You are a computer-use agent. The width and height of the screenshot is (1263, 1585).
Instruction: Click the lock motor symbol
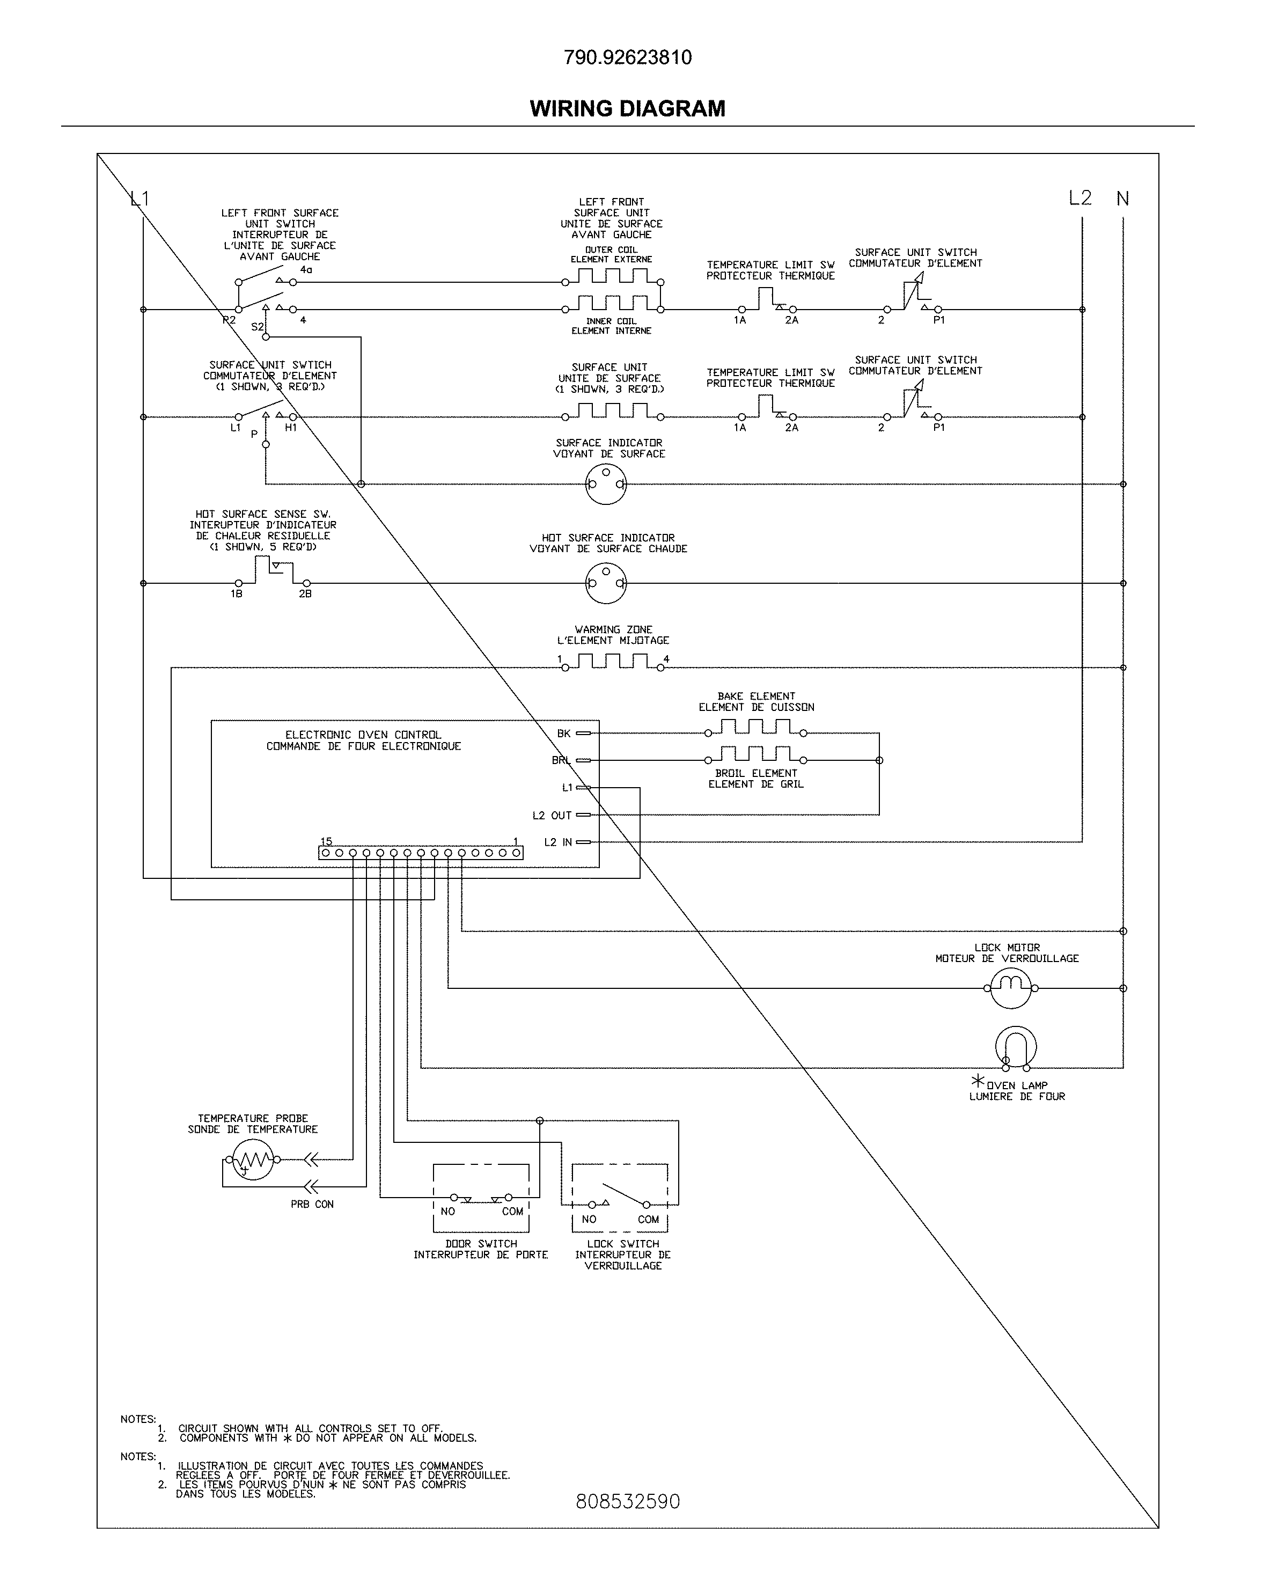1011,987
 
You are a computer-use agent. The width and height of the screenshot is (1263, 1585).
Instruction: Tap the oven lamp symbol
1016,1047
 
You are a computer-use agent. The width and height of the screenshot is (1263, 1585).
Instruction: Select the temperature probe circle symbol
252,1160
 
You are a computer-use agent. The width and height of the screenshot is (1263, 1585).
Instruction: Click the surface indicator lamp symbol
606,484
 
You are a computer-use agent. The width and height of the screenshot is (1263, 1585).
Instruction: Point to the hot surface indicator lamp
606,583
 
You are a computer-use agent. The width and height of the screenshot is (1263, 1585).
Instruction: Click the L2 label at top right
1080,198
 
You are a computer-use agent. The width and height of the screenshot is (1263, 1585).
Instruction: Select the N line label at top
1122,199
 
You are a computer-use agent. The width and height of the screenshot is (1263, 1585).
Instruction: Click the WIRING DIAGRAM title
627,109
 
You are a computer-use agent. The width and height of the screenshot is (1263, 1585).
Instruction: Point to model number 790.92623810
627,57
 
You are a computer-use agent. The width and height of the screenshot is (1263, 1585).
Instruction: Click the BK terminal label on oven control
564,733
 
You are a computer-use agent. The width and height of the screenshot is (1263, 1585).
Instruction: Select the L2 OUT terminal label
552,815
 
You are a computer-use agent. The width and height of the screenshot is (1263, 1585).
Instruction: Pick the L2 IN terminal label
557,842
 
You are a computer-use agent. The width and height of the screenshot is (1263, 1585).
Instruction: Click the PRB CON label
312,1204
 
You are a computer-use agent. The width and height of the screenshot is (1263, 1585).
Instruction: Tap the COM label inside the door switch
512,1212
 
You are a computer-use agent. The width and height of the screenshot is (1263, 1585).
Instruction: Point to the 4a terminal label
306,270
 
